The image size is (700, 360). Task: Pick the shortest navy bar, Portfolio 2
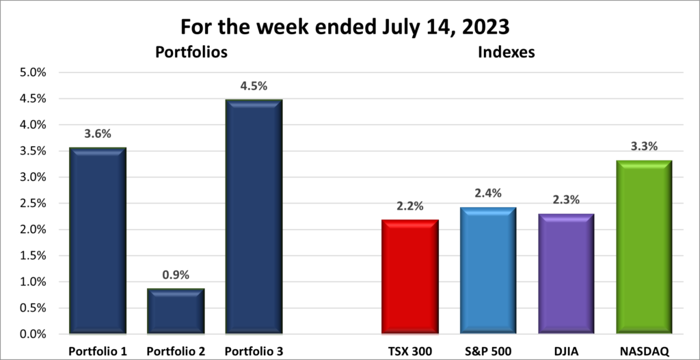(175, 311)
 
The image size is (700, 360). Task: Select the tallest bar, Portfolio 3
(254, 217)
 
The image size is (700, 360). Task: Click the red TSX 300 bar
(409, 277)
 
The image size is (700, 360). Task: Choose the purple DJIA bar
(565, 274)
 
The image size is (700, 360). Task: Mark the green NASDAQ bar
(644, 247)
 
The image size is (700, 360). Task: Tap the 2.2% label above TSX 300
(409, 206)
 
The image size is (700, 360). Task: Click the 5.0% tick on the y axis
(33, 72)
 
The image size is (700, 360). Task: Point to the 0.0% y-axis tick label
(33, 334)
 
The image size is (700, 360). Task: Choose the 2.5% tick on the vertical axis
(33, 204)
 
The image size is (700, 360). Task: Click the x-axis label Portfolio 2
(175, 350)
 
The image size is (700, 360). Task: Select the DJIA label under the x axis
(565, 350)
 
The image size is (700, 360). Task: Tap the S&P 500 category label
(487, 350)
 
